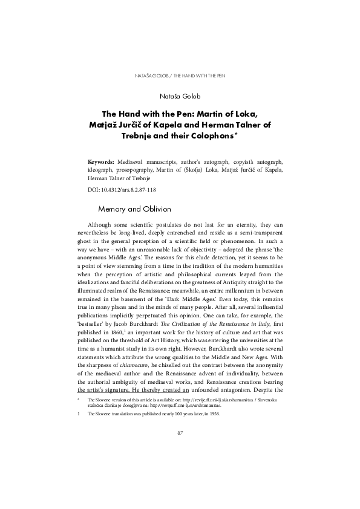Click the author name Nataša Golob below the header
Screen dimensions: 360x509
(180, 96)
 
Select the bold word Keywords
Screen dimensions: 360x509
(101, 163)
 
